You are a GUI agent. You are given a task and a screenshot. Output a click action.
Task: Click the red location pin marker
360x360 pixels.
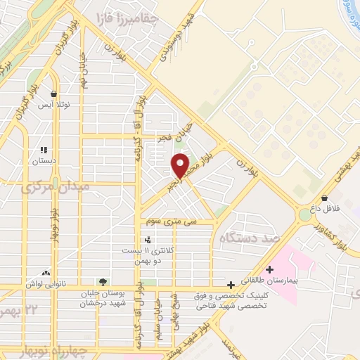click(x=181, y=165)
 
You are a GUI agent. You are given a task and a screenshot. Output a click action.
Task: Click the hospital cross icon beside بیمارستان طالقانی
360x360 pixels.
click(x=270, y=269)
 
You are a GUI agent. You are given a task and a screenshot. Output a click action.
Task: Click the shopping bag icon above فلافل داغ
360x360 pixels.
click(x=325, y=198)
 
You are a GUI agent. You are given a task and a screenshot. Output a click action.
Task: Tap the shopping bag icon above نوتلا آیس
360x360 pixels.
click(x=53, y=94)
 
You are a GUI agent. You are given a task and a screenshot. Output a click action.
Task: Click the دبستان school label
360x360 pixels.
click(x=44, y=161)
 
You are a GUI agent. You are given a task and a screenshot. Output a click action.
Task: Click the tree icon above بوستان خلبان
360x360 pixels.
click(x=103, y=282)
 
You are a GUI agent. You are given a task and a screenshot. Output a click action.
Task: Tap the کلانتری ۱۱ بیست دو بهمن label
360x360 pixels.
click(x=146, y=255)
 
